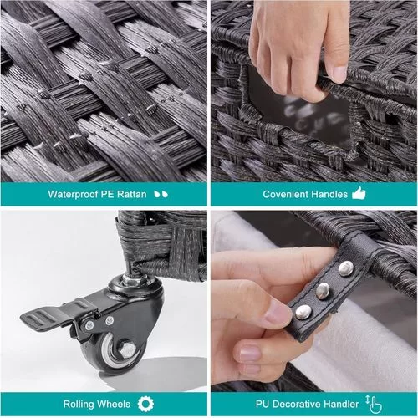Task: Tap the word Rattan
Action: [131, 194]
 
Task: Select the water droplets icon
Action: [161, 194]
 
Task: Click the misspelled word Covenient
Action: [285, 194]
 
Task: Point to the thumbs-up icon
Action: [359, 193]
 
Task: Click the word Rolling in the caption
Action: [79, 404]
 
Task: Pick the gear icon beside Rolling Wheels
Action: [145, 404]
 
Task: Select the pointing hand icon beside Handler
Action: [374, 404]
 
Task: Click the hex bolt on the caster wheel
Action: [128, 349]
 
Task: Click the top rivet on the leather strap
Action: [346, 268]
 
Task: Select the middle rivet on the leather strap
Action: [323, 290]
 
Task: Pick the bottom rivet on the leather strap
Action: [303, 312]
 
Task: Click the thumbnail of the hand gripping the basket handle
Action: [314, 91]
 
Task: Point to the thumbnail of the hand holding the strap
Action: [314, 301]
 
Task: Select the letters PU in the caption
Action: [263, 404]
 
